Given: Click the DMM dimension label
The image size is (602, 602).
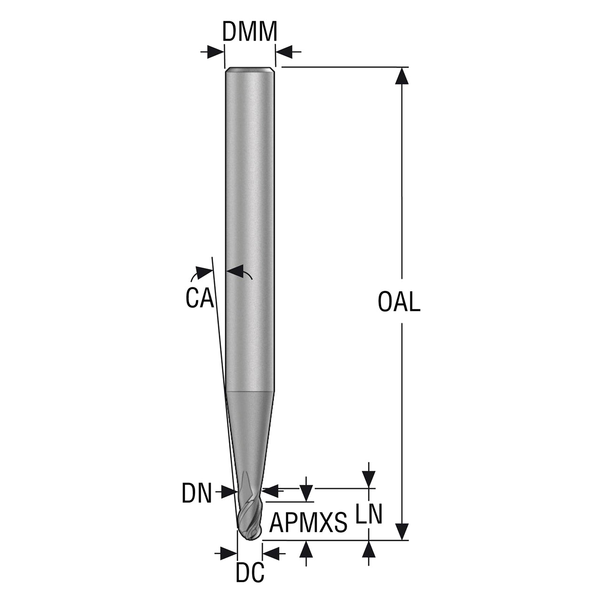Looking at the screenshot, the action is (250, 32).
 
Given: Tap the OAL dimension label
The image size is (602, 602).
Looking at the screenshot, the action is (399, 302).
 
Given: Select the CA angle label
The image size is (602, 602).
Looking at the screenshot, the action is (199, 298).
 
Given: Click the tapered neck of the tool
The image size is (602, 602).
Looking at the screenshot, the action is (250, 437).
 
